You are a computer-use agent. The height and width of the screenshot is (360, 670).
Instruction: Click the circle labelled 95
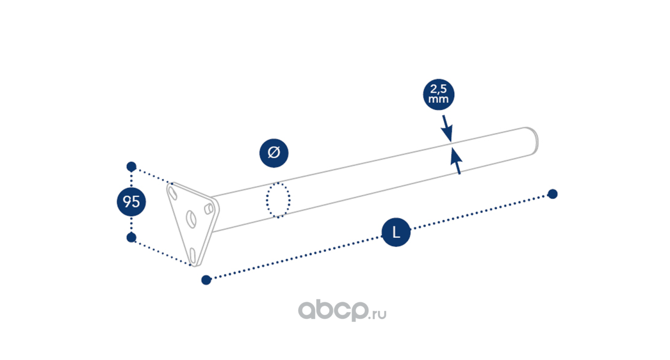point(131,201)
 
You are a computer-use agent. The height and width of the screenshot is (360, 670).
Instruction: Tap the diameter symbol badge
point(274,153)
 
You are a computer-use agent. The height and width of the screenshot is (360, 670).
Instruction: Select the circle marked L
point(396,233)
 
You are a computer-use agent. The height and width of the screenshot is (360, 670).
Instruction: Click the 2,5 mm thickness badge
point(438,95)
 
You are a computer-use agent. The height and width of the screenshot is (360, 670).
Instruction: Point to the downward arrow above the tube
point(446,128)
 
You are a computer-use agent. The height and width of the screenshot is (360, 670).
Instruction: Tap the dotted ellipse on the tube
point(278,200)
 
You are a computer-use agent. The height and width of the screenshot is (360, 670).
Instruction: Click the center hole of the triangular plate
point(191,218)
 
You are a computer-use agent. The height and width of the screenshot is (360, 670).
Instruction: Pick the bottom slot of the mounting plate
point(194,256)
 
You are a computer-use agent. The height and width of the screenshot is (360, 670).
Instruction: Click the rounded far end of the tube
point(534,141)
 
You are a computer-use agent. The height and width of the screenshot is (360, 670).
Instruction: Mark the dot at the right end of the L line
point(552,194)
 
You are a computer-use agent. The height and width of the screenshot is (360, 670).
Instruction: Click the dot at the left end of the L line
point(206,280)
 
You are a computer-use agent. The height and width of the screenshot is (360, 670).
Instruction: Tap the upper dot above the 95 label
point(131,167)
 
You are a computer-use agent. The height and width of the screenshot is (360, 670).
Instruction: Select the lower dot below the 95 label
point(131,238)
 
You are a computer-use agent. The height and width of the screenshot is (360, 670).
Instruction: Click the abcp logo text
point(332,311)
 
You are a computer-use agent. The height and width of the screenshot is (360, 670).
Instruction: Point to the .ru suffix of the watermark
point(378,314)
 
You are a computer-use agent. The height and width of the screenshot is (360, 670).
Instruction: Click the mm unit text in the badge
point(438,99)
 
